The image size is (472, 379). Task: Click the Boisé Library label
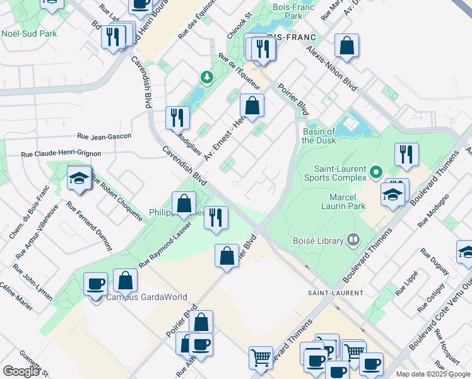click(x=318, y=240)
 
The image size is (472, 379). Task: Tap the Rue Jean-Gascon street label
click(x=104, y=136)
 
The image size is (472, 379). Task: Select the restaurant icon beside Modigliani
click(x=177, y=117)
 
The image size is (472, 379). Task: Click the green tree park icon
click(x=206, y=77)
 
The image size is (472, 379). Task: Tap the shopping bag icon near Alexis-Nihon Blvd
click(x=346, y=45)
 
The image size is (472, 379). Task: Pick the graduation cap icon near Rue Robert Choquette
click(x=80, y=179)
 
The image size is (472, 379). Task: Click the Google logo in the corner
click(x=21, y=371)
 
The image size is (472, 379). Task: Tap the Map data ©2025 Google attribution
click(x=433, y=374)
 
